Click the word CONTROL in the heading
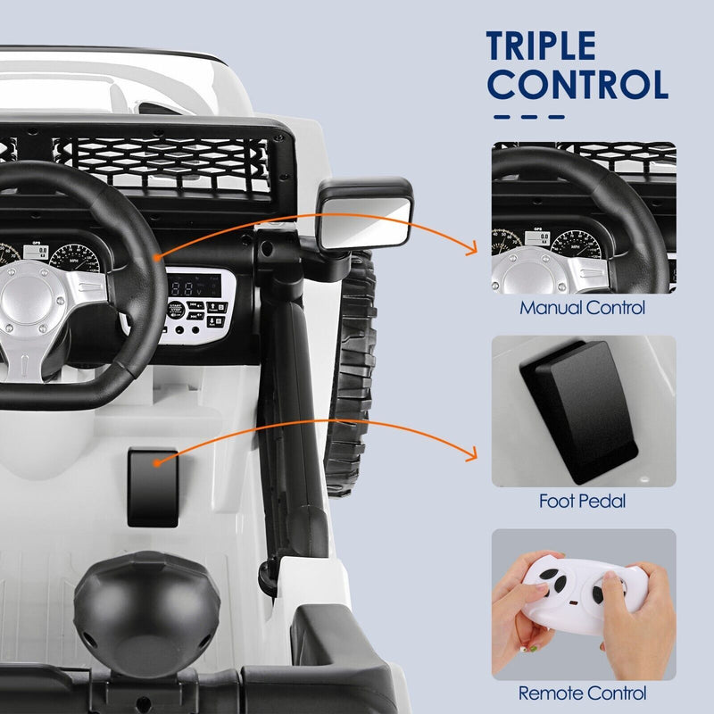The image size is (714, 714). [579, 85]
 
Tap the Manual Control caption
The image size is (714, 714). [583, 309]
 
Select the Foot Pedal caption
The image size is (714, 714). [583, 502]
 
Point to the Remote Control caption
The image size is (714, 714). [583, 693]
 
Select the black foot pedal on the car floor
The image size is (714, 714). [154, 486]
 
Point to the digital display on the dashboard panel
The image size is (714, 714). [188, 288]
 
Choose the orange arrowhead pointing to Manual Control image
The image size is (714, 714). [471, 253]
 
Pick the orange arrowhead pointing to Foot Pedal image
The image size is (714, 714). [470, 456]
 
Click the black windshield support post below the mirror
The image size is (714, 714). [291, 384]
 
